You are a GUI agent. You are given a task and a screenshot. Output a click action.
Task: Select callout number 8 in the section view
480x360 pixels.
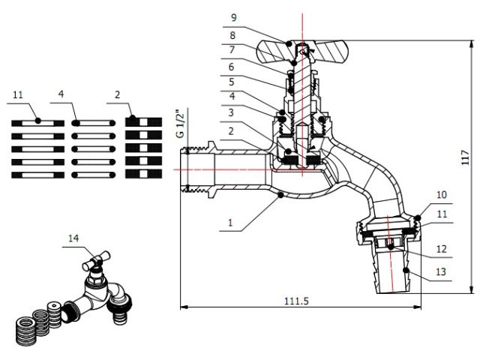(x=233, y=34)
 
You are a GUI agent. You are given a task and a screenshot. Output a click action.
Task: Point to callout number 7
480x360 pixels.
(x=233, y=49)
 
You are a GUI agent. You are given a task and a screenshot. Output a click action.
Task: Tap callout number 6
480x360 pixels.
(x=233, y=66)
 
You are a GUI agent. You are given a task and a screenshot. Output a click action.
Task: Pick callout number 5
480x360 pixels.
(x=233, y=81)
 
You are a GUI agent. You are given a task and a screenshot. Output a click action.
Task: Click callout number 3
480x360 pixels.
(x=233, y=112)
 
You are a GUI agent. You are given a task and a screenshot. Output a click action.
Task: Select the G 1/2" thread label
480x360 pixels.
(x=179, y=123)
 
